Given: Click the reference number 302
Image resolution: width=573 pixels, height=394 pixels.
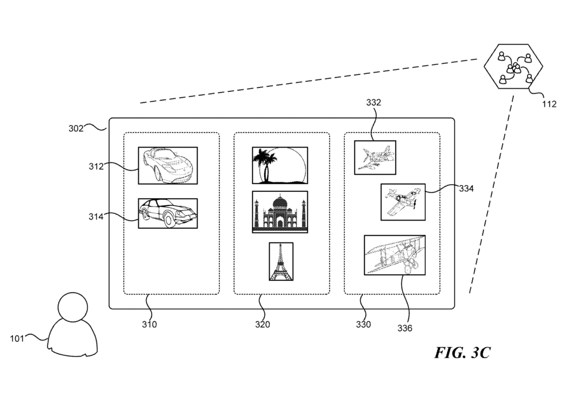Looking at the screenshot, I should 76,128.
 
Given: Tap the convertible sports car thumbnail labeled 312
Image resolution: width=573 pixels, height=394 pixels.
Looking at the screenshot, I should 168,165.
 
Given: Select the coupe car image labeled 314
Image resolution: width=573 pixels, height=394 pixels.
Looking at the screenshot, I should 168,213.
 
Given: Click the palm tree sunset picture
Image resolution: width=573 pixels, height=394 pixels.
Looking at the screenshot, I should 280,165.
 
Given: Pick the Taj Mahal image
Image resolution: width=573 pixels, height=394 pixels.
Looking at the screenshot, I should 280,212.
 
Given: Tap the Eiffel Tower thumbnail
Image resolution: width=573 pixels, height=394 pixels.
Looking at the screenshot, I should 281,261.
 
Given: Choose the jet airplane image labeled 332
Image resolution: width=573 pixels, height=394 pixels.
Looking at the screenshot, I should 375,158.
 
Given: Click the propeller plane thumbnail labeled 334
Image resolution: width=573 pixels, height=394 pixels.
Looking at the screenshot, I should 403,201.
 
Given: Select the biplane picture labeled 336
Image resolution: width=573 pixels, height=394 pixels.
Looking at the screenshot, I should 394,255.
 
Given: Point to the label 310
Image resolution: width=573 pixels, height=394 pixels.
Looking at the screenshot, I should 149,324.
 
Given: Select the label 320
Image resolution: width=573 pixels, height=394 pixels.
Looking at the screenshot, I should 262,324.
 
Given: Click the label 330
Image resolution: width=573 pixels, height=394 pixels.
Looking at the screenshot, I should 363,324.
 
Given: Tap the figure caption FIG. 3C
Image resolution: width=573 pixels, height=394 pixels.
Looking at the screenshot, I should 462,353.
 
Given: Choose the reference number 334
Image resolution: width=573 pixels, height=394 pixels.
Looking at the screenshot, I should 466,189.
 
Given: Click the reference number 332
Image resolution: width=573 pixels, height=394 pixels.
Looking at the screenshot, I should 374,103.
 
